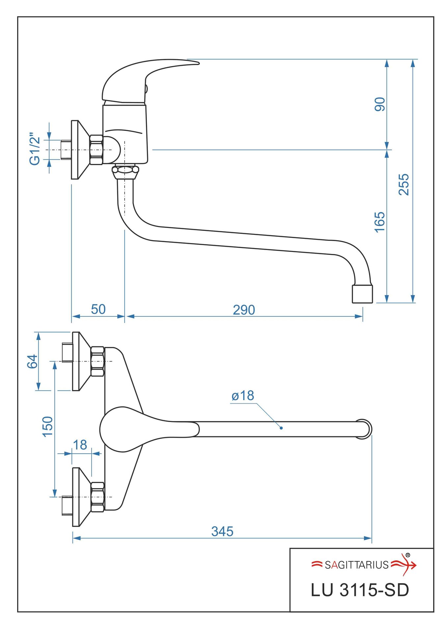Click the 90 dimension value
click(379, 104)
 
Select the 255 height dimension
click(403, 185)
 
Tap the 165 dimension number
click(379, 222)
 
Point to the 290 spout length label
click(244, 310)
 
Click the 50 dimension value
click(98, 309)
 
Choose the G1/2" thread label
click(35, 149)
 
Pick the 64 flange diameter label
click(32, 361)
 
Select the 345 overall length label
click(222, 531)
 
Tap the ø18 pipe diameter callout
click(243, 396)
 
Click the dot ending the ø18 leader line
click(281, 428)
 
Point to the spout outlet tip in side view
click(362, 294)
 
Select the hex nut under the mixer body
click(125, 171)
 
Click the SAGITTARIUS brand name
click(356, 565)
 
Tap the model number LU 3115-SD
click(360, 590)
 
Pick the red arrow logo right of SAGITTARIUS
click(404, 565)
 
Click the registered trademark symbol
click(408, 555)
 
